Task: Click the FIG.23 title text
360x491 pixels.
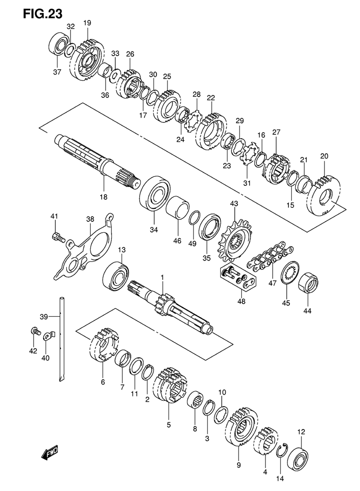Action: point(43,14)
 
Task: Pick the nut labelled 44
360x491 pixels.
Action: point(308,283)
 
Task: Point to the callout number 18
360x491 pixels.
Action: point(103,197)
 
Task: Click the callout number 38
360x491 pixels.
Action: point(90,219)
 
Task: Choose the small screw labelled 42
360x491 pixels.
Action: point(35,331)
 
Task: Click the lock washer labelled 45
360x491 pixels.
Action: point(290,273)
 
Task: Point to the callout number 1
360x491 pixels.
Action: point(162,277)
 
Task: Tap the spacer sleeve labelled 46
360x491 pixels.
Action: point(178,209)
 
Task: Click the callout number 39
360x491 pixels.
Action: point(44,317)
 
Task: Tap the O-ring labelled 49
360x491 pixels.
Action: point(194,218)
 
